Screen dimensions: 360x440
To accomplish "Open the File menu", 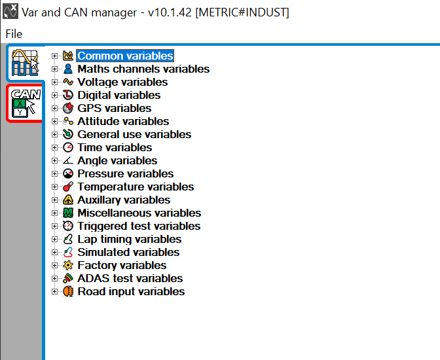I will (14, 34).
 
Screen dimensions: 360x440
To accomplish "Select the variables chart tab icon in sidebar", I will (26, 63).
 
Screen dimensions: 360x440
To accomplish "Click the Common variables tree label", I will (125, 56).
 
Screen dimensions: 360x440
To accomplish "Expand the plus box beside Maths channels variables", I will (55, 69).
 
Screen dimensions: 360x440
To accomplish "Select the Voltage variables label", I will (122, 82).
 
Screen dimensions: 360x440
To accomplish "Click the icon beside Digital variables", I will (68, 95).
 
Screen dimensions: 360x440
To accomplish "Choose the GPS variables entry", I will (114, 108).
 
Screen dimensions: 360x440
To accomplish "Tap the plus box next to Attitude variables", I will (55, 121).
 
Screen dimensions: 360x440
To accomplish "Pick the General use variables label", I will (134, 134).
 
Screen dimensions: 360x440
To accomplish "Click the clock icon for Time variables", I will (68, 147).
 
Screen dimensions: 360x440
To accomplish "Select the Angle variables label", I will (117, 160).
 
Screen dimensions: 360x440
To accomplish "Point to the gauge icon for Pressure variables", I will (68, 173).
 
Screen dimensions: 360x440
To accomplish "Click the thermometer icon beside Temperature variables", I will (68, 187).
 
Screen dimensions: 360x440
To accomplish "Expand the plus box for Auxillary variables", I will (55, 200).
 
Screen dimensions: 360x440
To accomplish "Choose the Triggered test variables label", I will (139, 226).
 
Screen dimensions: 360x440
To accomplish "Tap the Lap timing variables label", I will (129, 239).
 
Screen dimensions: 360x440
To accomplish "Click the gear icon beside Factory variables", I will (68, 265).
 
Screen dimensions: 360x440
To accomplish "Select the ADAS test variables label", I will (130, 278).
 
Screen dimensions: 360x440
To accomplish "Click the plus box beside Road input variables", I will (55, 291).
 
